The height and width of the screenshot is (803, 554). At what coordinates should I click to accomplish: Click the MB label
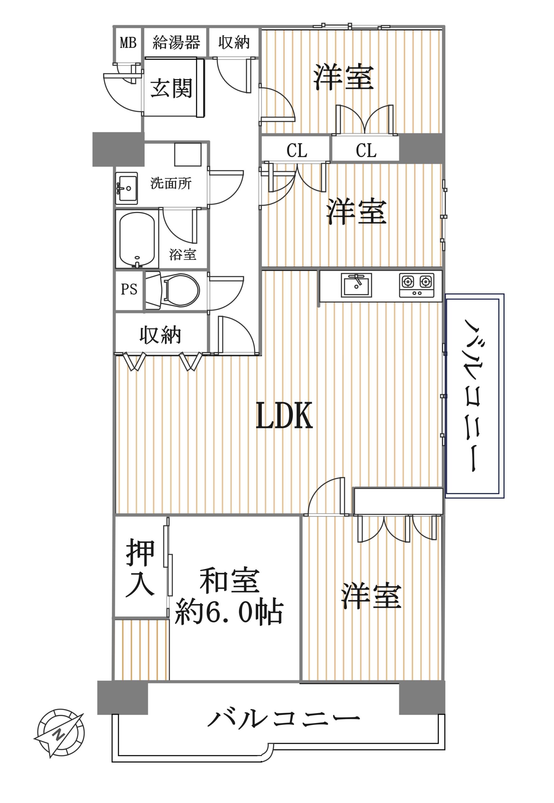[128, 43]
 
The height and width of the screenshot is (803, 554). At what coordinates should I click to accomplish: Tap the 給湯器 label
[176, 43]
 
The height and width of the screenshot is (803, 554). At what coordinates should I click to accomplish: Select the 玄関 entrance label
[171, 88]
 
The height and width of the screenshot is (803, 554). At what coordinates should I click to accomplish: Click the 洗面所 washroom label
[171, 183]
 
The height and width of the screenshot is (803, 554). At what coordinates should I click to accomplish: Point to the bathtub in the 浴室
[137, 239]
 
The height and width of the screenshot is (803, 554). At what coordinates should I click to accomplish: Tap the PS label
[129, 289]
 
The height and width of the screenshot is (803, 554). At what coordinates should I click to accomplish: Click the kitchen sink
[356, 285]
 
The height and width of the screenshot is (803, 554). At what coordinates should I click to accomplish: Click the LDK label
[284, 416]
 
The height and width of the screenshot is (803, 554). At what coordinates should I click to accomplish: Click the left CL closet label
[297, 151]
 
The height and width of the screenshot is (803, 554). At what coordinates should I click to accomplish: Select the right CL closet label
[366, 151]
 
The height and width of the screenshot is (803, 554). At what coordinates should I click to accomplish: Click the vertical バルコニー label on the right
[473, 396]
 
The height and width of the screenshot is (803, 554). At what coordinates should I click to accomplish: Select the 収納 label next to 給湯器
[234, 42]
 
